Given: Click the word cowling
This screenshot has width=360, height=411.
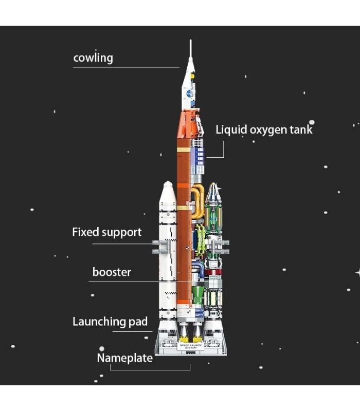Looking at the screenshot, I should point(93,58).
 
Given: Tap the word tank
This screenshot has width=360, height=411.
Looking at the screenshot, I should point(300,129).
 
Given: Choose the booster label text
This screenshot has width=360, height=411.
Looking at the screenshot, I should point(112,272).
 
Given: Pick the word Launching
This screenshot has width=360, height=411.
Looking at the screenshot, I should point(99,322).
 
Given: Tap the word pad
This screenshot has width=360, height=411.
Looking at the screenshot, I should point(138,322).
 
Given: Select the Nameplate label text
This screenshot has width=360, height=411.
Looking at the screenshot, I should point(124,358).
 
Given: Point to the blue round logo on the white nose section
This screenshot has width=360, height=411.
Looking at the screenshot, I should point(191,94).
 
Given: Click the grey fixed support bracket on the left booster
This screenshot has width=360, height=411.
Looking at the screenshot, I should point(160,248).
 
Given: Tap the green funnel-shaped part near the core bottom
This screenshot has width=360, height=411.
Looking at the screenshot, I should point(197,294).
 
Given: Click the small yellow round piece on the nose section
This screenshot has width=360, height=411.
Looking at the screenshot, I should point(193,76).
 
